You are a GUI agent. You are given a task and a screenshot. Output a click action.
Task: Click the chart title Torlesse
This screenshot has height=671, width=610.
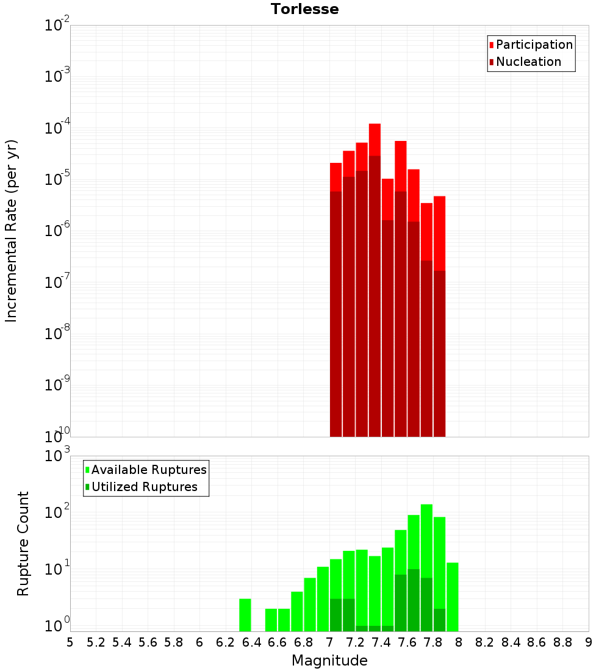pyautogui.click(x=304, y=9)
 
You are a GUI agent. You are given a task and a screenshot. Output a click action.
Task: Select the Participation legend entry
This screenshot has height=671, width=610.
pyautogui.click(x=534, y=45)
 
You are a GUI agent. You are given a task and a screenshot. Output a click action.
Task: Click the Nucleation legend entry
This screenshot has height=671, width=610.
pyautogui.click(x=528, y=62)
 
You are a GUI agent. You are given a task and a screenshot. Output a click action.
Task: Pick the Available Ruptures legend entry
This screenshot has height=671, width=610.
pyautogui.click(x=148, y=470)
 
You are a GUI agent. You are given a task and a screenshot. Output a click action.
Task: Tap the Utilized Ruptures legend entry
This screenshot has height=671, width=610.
pyautogui.click(x=144, y=487)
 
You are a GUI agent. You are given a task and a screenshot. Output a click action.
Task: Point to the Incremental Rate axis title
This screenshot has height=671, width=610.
pyautogui.click(x=12, y=231)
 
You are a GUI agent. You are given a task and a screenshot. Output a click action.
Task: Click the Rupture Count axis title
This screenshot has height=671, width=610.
pyautogui.click(x=23, y=544)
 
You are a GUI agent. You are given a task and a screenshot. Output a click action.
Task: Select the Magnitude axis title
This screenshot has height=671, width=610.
pyautogui.click(x=329, y=661)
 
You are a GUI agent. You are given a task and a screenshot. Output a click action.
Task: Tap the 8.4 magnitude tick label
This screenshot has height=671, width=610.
pyautogui.click(x=511, y=642)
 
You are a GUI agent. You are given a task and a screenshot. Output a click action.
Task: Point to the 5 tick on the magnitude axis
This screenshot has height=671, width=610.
pyautogui.click(x=70, y=642)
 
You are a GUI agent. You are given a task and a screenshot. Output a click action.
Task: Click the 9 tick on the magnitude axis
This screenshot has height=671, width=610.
pyautogui.click(x=589, y=642)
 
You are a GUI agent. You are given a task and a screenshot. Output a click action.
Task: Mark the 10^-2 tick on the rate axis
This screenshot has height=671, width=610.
pyautogui.click(x=57, y=26)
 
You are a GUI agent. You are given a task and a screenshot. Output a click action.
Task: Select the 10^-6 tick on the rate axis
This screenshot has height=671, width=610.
pyautogui.click(x=57, y=231)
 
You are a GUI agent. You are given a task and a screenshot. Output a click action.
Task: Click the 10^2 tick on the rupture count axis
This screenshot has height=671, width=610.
pyautogui.click(x=57, y=512)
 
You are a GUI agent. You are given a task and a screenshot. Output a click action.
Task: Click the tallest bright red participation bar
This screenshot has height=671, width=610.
pyautogui.click(x=375, y=140)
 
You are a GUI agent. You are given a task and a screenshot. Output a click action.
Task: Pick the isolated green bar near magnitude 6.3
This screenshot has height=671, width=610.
pyautogui.click(x=245, y=615)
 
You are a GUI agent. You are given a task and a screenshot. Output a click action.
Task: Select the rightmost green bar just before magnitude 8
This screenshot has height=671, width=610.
pyautogui.click(x=452, y=597)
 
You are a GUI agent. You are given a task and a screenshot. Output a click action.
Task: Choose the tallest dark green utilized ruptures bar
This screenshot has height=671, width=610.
pyautogui.click(x=414, y=600)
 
